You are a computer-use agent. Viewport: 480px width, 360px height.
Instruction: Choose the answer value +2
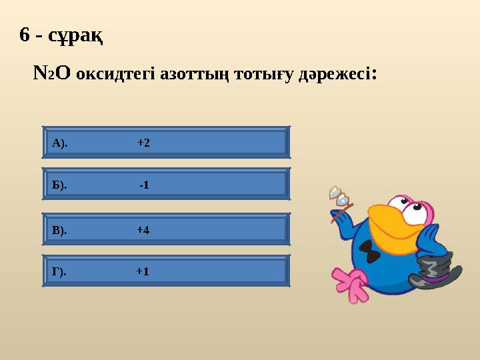[143, 143]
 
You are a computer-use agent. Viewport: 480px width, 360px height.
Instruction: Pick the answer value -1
[144, 185]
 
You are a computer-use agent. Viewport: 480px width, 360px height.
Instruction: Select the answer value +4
[143, 230]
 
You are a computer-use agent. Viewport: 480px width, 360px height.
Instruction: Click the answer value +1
[143, 271]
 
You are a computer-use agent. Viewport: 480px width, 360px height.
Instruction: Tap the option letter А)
[59, 143]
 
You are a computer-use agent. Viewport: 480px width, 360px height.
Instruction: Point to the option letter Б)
[59, 185]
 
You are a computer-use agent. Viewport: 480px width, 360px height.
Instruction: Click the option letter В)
[59, 230]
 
